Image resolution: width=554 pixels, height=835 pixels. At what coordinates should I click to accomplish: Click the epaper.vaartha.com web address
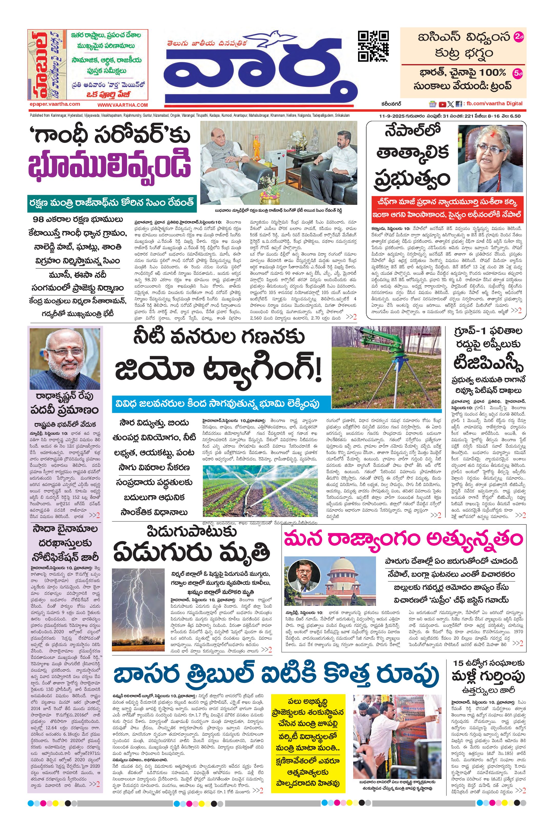[55, 104]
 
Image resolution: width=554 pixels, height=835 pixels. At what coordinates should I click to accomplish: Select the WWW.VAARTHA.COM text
[123, 105]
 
